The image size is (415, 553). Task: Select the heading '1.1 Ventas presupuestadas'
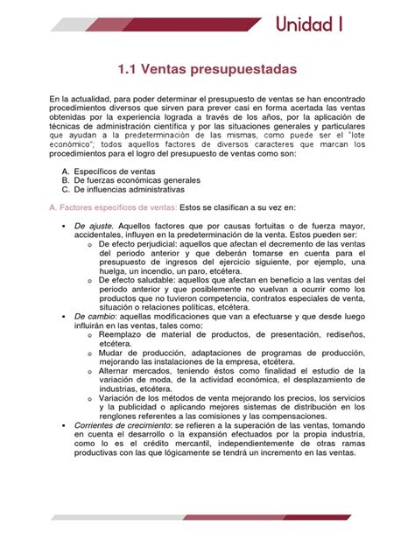point(207,67)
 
